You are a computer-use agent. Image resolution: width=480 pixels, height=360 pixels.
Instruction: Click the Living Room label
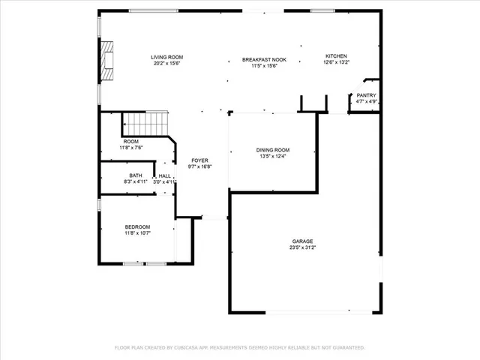(166, 57)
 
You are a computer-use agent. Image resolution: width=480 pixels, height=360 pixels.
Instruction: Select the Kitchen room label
(335, 56)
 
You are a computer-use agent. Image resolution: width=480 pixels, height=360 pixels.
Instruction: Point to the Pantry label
(366, 95)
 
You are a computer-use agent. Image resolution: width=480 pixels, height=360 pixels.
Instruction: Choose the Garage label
(303, 241)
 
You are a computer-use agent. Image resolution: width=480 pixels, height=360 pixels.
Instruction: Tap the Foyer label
(199, 160)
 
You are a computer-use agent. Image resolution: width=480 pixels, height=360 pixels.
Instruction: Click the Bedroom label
(137, 226)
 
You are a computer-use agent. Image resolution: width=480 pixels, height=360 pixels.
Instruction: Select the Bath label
(136, 175)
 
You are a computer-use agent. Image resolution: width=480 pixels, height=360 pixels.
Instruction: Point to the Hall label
(164, 175)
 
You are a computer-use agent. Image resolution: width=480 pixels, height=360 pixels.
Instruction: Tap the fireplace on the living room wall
(109, 61)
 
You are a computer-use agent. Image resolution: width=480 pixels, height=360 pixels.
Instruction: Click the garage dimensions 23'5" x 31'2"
(303, 247)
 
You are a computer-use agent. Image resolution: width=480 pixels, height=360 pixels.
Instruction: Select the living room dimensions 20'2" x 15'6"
(166, 64)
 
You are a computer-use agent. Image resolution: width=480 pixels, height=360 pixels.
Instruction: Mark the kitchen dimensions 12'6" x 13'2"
(335, 63)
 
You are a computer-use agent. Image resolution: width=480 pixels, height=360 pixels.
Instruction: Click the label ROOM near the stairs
(130, 141)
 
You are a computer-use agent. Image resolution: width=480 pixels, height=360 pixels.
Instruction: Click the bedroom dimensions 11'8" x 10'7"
(137, 233)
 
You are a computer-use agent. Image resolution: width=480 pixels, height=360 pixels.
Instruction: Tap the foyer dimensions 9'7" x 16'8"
(199, 166)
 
